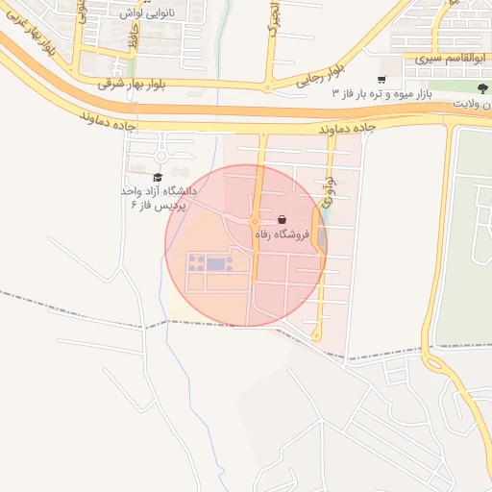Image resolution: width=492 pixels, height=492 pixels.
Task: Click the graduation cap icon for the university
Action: click(158, 177)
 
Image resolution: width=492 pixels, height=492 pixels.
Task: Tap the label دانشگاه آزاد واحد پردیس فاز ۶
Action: click(157, 199)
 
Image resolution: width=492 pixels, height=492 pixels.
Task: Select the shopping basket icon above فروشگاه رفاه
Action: click(281, 220)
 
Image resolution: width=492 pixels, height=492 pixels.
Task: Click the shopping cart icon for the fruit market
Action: click(382, 80)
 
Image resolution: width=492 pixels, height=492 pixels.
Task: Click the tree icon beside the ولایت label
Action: click(482, 88)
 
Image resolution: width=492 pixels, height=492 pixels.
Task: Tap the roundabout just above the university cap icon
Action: click(161, 156)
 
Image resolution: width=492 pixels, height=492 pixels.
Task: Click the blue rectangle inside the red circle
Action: click(216, 263)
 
